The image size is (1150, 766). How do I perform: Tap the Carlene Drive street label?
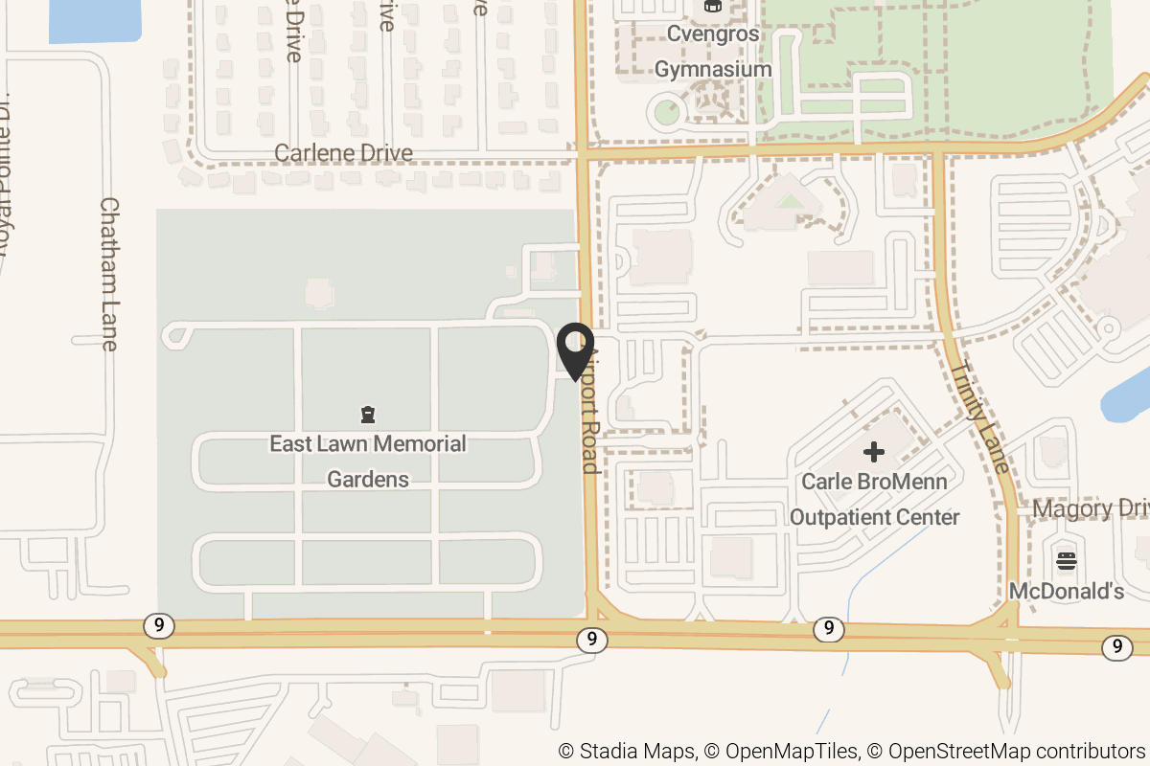(x=343, y=153)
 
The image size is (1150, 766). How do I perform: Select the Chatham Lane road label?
(x=108, y=274)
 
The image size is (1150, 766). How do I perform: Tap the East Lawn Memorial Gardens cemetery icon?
(x=367, y=415)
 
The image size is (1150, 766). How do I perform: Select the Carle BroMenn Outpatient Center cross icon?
(x=874, y=451)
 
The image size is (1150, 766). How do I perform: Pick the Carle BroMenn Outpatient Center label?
(x=874, y=499)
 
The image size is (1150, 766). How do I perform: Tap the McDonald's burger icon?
(x=1067, y=560)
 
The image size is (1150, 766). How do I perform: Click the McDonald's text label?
(x=1067, y=591)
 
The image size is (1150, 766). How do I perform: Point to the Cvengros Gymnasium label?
(x=712, y=52)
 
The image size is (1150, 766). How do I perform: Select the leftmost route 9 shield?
(x=159, y=626)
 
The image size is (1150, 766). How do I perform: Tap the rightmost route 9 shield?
(x=1116, y=647)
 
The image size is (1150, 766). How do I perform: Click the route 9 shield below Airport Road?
(x=593, y=639)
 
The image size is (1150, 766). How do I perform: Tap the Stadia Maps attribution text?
(x=628, y=752)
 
